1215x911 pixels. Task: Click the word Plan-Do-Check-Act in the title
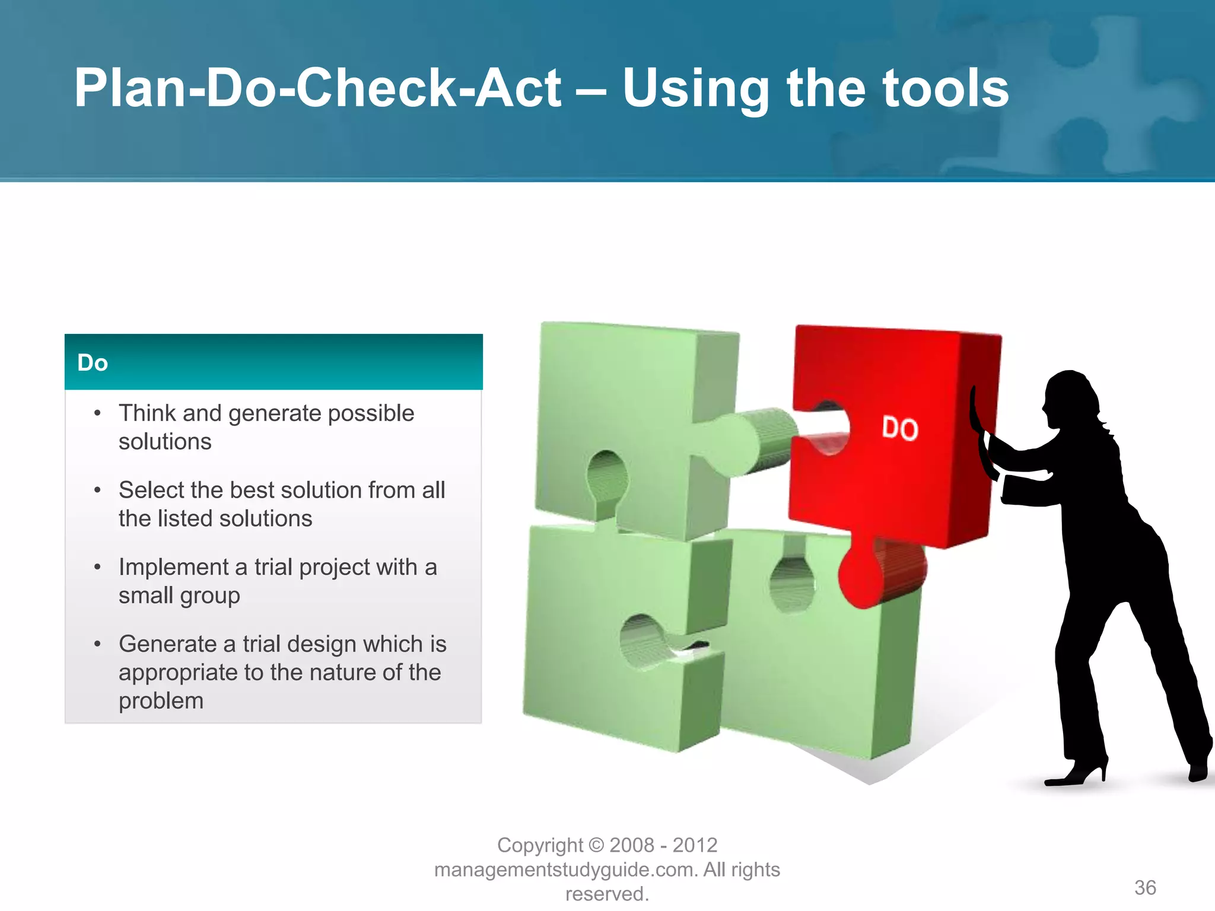tap(317, 89)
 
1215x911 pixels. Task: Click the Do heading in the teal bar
tap(93, 363)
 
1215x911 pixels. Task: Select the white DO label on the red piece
tap(899, 428)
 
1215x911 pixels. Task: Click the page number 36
tap(1145, 887)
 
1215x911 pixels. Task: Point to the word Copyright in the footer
tap(540, 845)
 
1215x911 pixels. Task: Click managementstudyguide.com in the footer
tap(566, 869)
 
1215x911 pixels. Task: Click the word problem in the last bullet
tap(161, 701)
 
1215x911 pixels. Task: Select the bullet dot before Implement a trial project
tap(97, 568)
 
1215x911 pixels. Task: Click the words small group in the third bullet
tap(179, 595)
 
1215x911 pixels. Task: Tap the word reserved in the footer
tap(606, 894)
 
